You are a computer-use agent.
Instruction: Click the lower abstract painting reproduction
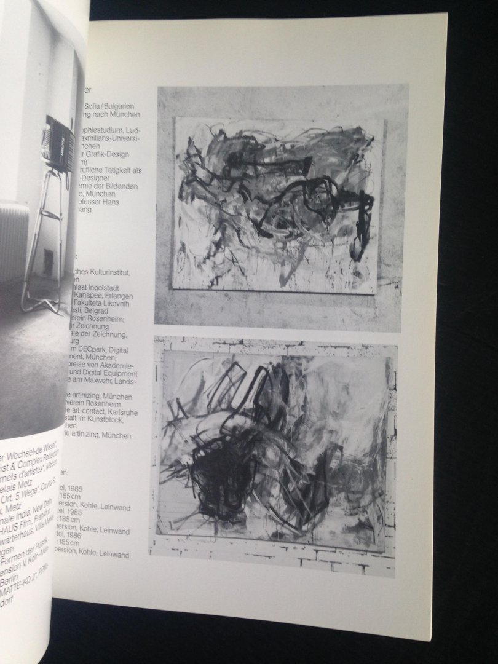tap(274, 456)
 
